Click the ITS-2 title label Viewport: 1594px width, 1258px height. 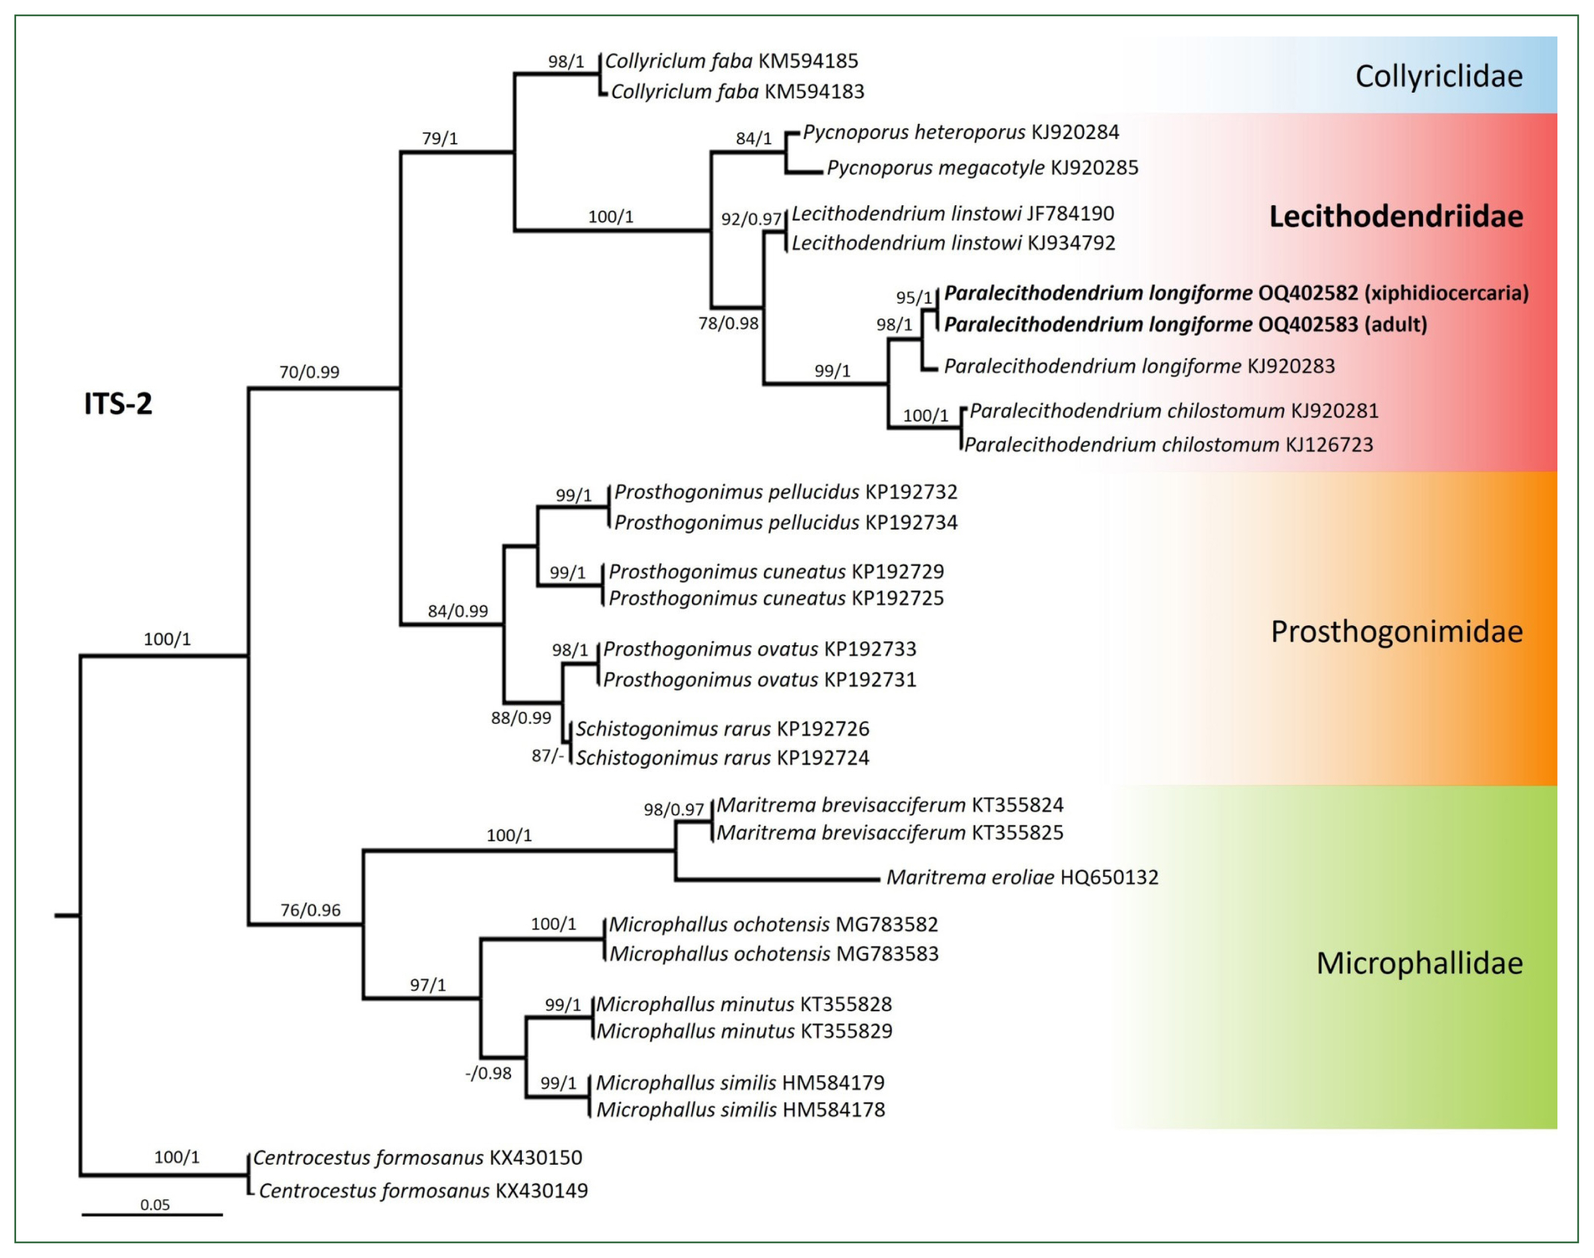pyautogui.click(x=118, y=404)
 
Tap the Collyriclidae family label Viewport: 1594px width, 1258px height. pyautogui.click(x=1438, y=77)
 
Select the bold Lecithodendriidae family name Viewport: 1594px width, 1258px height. pyautogui.click(x=1396, y=216)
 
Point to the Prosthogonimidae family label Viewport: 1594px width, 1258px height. pyautogui.click(x=1397, y=631)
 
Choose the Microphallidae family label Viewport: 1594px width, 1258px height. pyautogui.click(x=1419, y=963)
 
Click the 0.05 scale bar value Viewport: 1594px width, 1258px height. pyautogui.click(x=155, y=1205)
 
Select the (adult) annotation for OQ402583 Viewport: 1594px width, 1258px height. pyautogui.click(x=1396, y=324)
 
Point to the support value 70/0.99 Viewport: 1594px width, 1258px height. pyautogui.click(x=309, y=372)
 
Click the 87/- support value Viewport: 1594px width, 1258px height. pyautogui.click(x=547, y=756)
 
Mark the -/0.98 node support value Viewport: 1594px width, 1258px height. pyautogui.click(x=489, y=1073)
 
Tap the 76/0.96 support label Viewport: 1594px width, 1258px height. pyautogui.click(x=310, y=910)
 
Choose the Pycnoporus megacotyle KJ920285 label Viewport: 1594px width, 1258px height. pyautogui.click(x=983, y=168)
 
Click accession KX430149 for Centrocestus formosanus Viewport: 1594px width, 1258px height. pyautogui.click(x=541, y=1191)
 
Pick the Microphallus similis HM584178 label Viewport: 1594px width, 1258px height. pyautogui.click(x=740, y=1110)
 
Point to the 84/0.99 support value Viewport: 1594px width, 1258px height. pyautogui.click(x=458, y=610)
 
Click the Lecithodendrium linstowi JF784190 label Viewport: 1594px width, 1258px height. pyautogui.click(x=952, y=214)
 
